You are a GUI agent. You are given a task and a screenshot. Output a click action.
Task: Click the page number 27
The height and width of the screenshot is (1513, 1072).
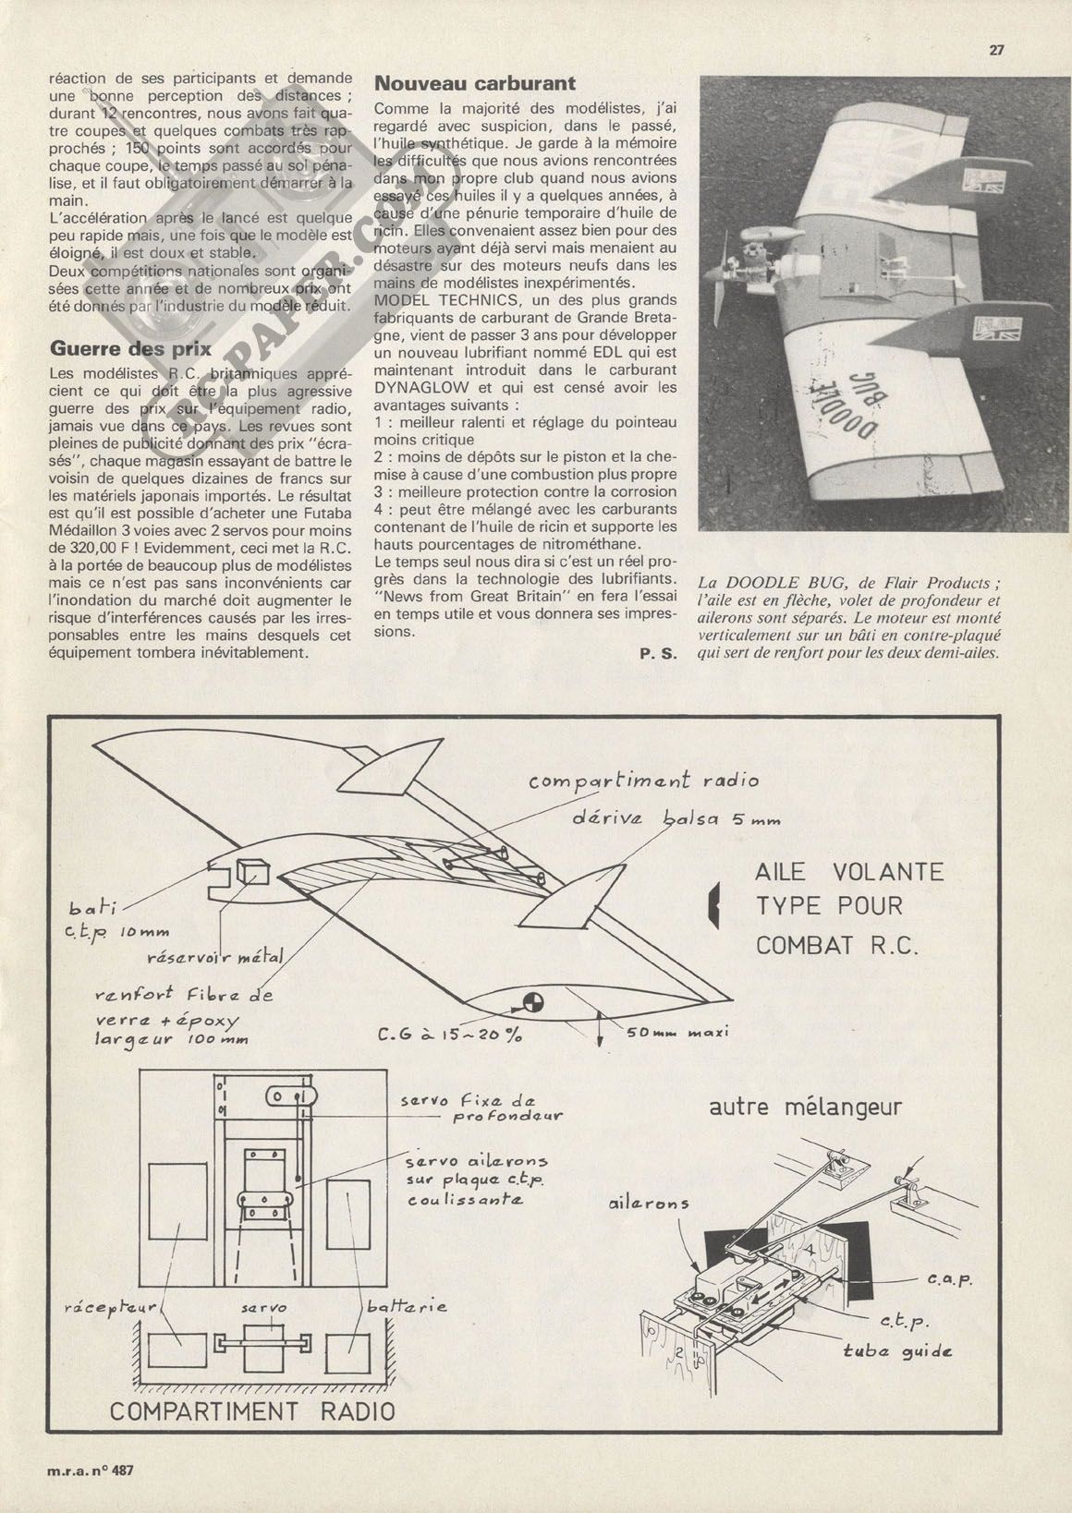point(996,51)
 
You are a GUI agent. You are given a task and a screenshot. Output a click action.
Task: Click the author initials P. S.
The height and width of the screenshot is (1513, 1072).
point(658,654)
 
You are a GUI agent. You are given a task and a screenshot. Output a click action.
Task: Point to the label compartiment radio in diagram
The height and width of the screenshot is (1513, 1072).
point(643,781)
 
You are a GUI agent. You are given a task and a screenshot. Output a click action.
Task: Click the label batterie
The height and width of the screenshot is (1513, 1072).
point(407,1307)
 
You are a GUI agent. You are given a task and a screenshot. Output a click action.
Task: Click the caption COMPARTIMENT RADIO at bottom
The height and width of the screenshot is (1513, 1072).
point(252,1411)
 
